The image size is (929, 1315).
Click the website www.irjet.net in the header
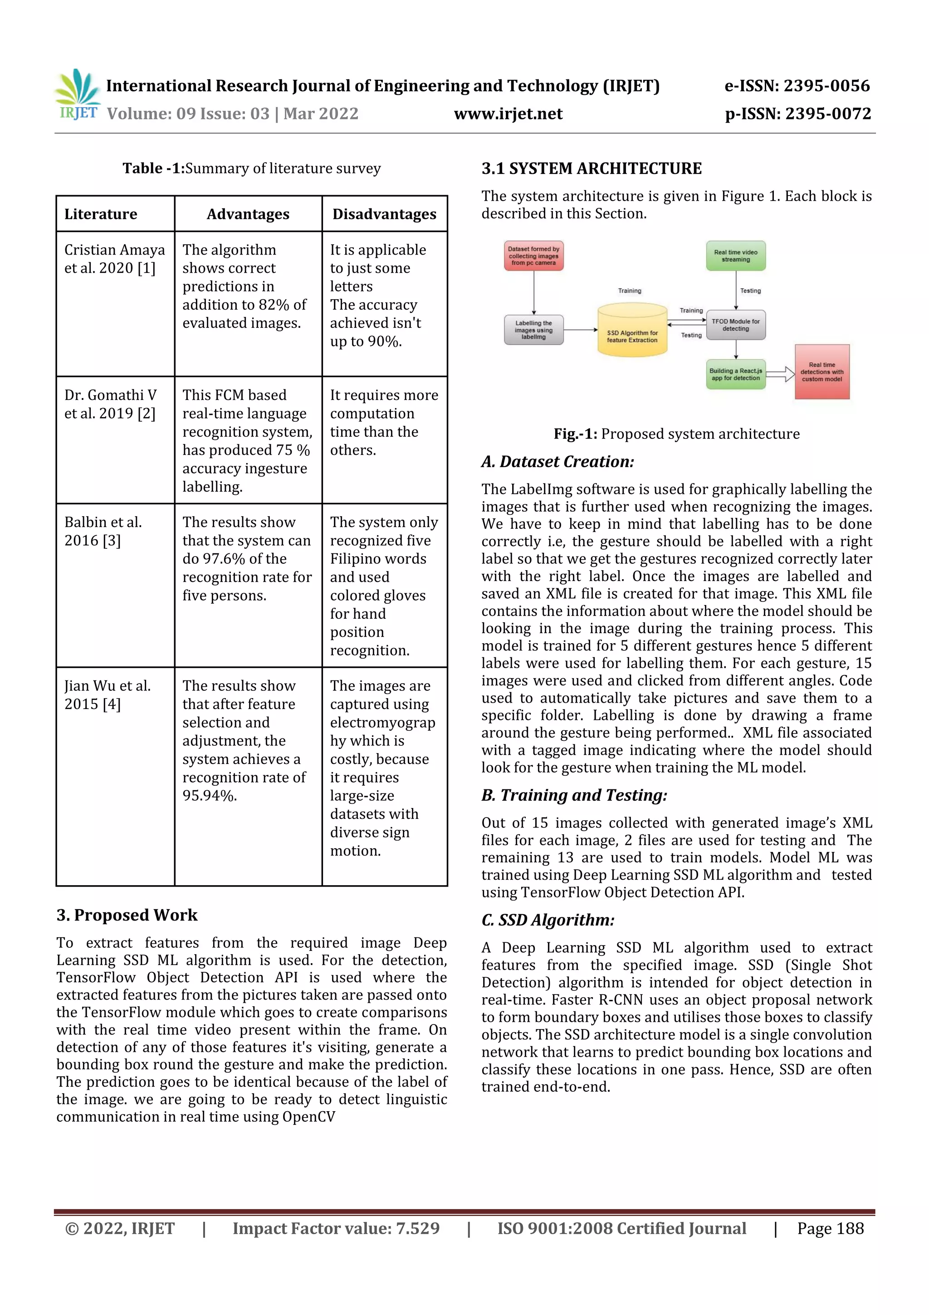tap(508, 114)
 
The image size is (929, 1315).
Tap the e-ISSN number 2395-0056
tap(826, 86)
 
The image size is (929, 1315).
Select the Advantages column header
tap(248, 214)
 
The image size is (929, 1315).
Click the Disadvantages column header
tap(384, 214)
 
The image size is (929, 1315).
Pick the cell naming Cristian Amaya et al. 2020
tap(114, 259)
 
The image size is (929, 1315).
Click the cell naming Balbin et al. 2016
tap(103, 531)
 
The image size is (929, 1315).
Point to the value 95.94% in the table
tap(210, 796)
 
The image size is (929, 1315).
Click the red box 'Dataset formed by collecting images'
tap(533, 256)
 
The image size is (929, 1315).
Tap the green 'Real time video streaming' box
tap(735, 256)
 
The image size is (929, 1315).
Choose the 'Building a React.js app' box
tap(735, 374)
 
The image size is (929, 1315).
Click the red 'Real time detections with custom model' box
tap(821, 372)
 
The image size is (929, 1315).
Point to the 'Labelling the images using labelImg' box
tap(533, 330)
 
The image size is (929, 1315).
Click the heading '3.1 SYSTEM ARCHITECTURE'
tap(592, 168)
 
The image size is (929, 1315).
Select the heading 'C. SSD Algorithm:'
tap(548, 920)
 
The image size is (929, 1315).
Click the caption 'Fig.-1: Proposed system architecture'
tap(676, 433)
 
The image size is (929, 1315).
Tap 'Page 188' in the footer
tap(830, 1228)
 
